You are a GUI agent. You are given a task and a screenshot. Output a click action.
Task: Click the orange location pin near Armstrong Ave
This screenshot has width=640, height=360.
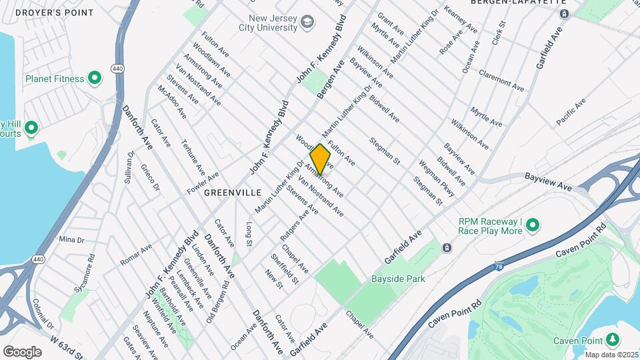[321, 159]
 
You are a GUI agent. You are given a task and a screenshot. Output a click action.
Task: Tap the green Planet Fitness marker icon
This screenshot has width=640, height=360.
[95, 79]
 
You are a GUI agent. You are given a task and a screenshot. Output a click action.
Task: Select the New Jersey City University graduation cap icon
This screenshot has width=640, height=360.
[307, 23]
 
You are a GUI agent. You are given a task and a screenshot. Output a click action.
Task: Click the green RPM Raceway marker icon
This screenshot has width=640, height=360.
[533, 226]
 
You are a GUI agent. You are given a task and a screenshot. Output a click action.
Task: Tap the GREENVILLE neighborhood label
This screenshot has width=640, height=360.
[233, 192]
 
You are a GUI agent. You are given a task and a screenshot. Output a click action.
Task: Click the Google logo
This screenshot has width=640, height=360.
[22, 351]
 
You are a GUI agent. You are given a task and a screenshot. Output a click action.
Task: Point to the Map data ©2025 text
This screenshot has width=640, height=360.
[611, 355]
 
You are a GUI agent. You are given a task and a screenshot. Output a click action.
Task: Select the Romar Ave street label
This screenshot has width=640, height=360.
[136, 254]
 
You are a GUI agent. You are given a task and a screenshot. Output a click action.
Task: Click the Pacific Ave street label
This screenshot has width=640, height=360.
[571, 111]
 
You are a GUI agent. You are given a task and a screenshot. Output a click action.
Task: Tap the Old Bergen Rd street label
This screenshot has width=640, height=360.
[217, 301]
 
